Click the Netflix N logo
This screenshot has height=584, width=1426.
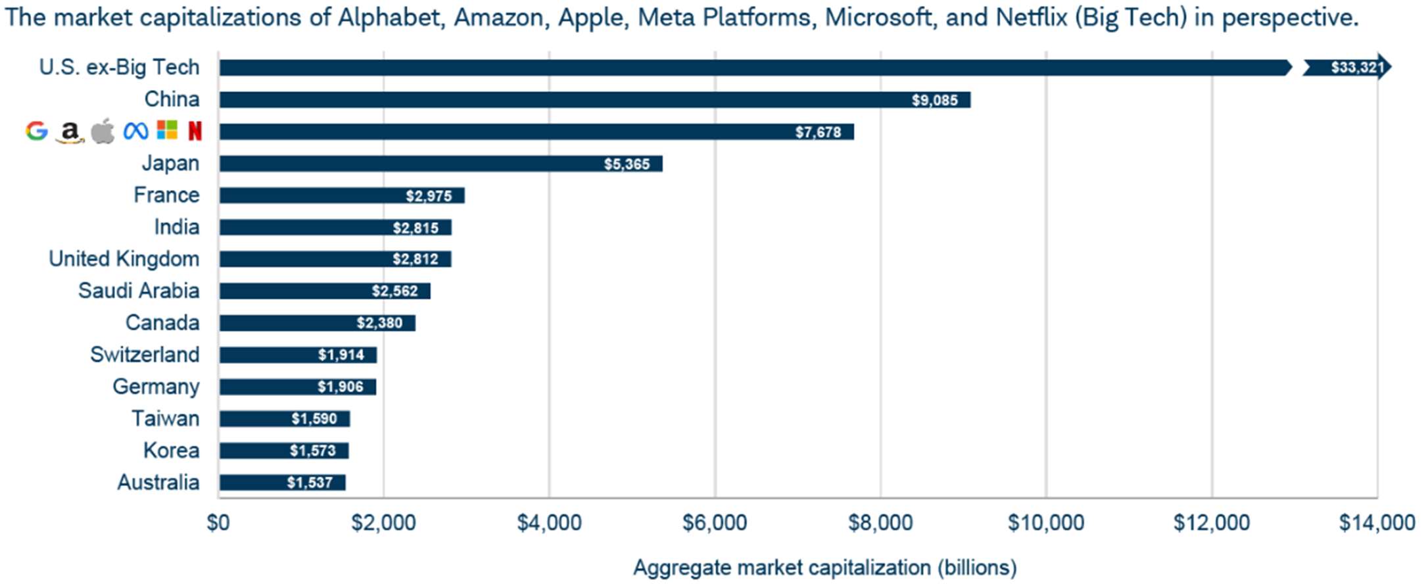click(x=195, y=131)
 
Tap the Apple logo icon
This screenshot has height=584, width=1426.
click(x=103, y=131)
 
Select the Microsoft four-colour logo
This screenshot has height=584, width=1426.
click(x=167, y=130)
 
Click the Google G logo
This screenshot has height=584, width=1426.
click(x=37, y=131)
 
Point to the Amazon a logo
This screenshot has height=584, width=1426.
click(x=70, y=132)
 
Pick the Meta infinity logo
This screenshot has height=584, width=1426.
click(x=135, y=131)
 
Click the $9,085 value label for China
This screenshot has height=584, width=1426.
click(x=934, y=100)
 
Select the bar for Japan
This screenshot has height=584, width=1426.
click(x=440, y=164)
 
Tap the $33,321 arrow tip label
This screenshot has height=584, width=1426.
click(x=1357, y=67)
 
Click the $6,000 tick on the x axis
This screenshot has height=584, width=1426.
click(x=715, y=523)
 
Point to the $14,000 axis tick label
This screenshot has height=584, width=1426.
click(x=1377, y=523)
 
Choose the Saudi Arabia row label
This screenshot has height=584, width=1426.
click(x=139, y=291)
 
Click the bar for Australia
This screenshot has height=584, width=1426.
click(x=282, y=483)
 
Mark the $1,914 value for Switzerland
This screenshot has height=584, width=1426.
click(x=341, y=355)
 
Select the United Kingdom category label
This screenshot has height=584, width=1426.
click(x=124, y=259)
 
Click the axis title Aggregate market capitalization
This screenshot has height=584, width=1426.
click(x=824, y=568)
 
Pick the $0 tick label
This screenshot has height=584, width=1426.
click(x=218, y=523)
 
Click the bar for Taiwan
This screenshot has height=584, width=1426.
click(x=285, y=419)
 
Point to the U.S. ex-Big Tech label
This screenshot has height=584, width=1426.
click(x=119, y=67)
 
